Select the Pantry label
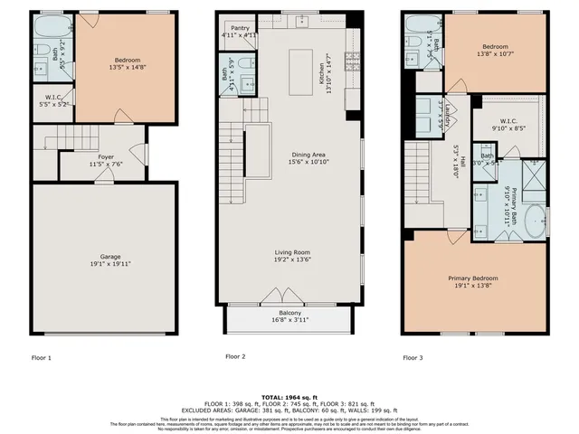240,28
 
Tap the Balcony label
289,313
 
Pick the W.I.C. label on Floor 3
508,121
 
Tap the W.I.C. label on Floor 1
52,99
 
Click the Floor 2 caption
235,356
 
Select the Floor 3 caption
413,357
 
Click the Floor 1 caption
42,357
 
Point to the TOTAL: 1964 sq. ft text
289,398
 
